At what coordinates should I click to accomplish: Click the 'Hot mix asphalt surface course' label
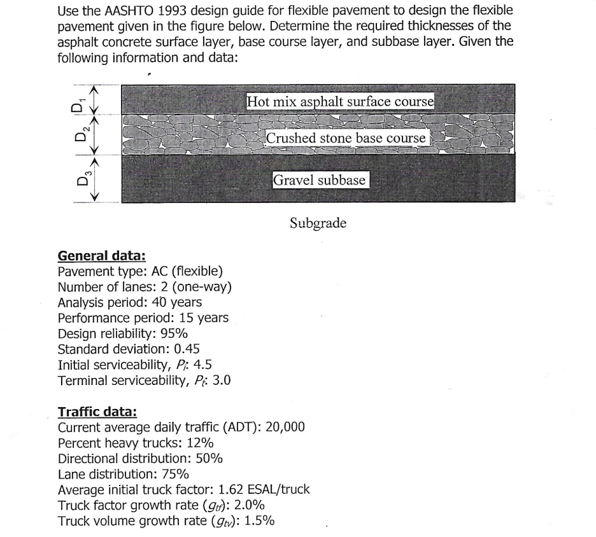tap(340, 101)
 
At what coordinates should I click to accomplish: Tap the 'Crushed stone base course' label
tap(345, 138)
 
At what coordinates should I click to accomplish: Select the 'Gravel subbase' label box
tap(320, 180)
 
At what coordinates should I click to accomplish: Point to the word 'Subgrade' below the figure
tap(318, 223)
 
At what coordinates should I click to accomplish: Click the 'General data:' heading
tap(102, 256)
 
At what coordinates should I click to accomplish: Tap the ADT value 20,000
tap(285, 427)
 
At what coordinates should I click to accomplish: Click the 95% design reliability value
tap(174, 333)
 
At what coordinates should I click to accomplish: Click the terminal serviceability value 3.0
tap(220, 380)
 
